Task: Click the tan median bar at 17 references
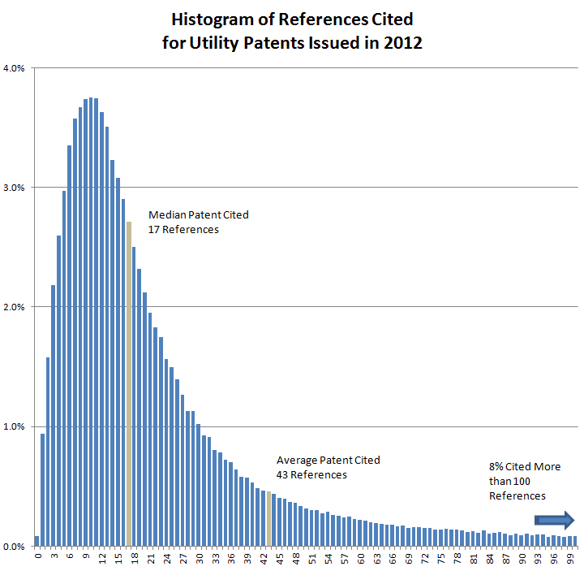pyautogui.click(x=129, y=383)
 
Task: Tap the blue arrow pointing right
pyautogui.click(x=554, y=521)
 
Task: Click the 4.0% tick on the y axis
pyautogui.click(x=15, y=68)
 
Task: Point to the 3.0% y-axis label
pyautogui.click(x=15, y=188)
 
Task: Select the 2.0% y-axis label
pyautogui.click(x=15, y=307)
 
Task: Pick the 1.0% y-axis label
pyautogui.click(x=15, y=426)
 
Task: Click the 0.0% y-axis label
pyautogui.click(x=15, y=546)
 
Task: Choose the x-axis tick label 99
pyautogui.click(x=572, y=559)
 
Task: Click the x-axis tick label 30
pyautogui.click(x=199, y=559)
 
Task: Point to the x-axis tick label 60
pyautogui.click(x=361, y=559)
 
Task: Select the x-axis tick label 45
pyautogui.click(x=280, y=559)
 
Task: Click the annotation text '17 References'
pyautogui.click(x=184, y=230)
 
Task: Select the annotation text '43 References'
pyautogui.click(x=312, y=474)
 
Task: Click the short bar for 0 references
pyautogui.click(x=37, y=540)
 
